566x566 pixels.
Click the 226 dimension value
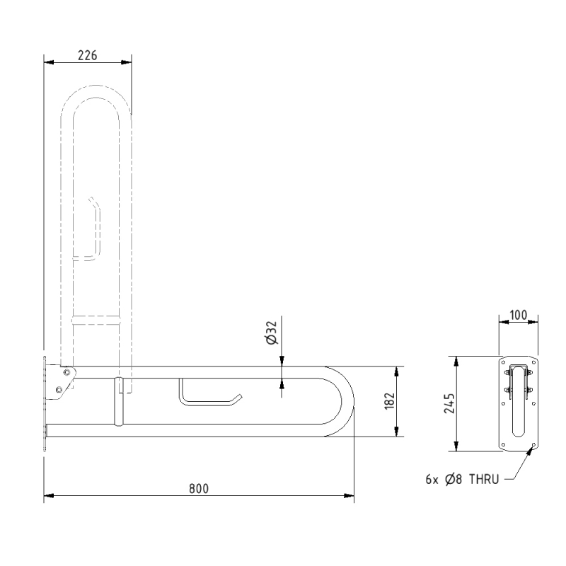click(x=88, y=54)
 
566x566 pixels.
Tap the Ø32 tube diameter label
click(x=272, y=332)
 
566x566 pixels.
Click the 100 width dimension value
click(x=519, y=313)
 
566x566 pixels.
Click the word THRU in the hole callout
click(x=485, y=479)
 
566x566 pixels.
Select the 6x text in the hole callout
click(x=433, y=479)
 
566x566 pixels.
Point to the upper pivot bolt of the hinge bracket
click(x=67, y=372)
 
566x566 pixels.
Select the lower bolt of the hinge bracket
click(x=60, y=388)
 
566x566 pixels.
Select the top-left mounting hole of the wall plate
click(x=504, y=362)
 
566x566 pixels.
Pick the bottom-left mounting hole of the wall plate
click(x=504, y=444)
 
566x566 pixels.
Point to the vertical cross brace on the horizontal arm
click(x=119, y=402)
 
